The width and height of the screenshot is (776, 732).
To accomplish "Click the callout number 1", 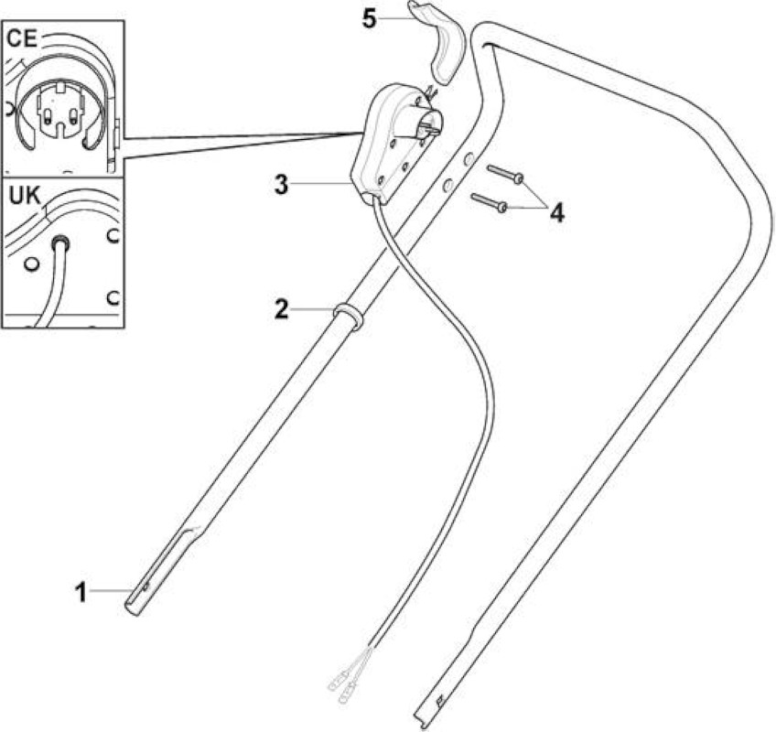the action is pyautogui.click(x=81, y=592).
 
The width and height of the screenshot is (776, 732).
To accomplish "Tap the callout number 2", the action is pyautogui.click(x=281, y=310).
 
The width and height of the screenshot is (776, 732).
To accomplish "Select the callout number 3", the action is pyautogui.click(x=281, y=185).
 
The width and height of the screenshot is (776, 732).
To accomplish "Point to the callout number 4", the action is pyautogui.click(x=557, y=213).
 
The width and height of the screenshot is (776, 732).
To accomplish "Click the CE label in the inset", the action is pyautogui.click(x=22, y=39).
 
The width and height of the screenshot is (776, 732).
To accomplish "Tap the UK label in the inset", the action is pyautogui.click(x=25, y=196).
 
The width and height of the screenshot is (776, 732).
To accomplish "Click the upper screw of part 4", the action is pyautogui.click(x=505, y=174).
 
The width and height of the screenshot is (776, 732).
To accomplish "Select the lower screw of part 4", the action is pyautogui.click(x=490, y=202).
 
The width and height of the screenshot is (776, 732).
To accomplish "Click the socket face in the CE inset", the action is pyautogui.click(x=59, y=112).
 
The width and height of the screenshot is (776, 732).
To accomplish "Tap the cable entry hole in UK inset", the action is pyautogui.click(x=61, y=243).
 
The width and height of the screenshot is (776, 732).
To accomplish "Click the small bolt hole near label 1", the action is pyautogui.click(x=146, y=587).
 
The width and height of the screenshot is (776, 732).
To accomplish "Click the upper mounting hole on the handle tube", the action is pyautogui.click(x=467, y=159).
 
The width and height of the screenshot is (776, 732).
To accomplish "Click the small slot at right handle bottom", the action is pyautogui.click(x=437, y=700).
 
